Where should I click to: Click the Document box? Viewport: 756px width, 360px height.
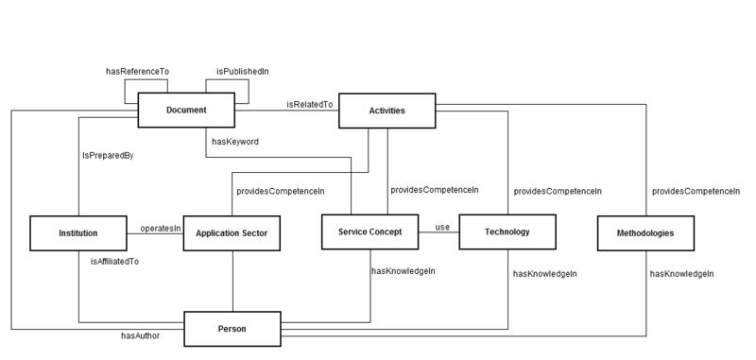point(186,111)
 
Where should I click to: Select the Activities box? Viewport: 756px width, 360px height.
point(387,111)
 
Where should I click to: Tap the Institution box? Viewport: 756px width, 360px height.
point(77,231)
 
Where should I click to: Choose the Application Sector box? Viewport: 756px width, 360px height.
point(232,232)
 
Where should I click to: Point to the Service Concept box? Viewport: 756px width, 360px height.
point(369,231)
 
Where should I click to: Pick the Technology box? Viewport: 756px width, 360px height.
point(507,231)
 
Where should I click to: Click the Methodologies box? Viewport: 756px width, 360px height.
point(646,231)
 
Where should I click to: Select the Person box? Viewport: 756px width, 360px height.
point(232,329)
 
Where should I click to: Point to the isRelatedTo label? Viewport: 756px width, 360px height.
point(309,105)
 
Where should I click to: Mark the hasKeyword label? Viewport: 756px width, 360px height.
point(234,141)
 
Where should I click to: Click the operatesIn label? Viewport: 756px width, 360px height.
point(160,228)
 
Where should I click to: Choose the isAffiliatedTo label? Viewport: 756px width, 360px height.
point(114,261)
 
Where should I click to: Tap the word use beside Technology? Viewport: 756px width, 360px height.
point(441,227)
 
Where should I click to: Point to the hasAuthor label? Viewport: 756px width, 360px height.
point(140,334)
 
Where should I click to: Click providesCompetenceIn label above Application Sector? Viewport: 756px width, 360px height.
point(280,191)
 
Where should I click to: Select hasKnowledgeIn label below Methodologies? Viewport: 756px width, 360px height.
point(681,274)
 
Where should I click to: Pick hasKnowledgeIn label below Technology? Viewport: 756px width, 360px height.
point(544,274)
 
